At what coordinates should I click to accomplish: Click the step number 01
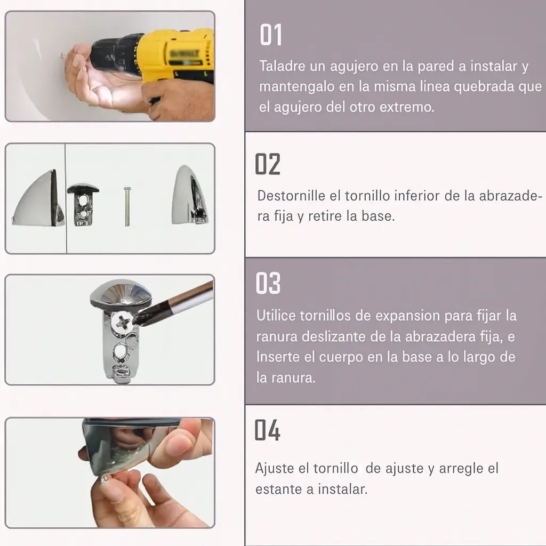[x=270, y=35]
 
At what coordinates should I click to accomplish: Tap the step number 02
[x=268, y=164]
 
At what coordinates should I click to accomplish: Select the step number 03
[x=268, y=283]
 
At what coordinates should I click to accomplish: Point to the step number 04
[x=267, y=430]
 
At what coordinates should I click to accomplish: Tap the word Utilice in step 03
[x=276, y=316]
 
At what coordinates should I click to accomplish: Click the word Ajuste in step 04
[x=275, y=468]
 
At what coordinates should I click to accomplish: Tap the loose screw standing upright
[x=127, y=206]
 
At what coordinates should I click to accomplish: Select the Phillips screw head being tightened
[x=122, y=322]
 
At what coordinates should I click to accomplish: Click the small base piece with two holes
[x=83, y=204]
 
